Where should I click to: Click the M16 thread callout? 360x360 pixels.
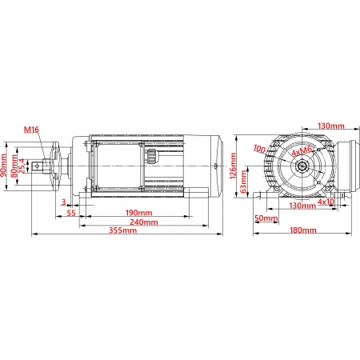[31, 130]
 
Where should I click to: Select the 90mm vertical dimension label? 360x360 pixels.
[4, 166]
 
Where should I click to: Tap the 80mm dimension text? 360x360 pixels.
[14, 166]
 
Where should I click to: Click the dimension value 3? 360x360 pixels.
[63, 202]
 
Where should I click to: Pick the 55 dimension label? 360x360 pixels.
[71, 213]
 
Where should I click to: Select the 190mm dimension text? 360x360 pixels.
[138, 213]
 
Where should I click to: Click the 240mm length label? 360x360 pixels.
[144, 222]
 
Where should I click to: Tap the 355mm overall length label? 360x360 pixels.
[122, 230]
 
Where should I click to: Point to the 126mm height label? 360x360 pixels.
[233, 166]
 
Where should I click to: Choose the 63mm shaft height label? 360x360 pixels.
[243, 182]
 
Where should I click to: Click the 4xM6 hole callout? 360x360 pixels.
[302, 151]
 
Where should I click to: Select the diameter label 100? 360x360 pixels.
[259, 149]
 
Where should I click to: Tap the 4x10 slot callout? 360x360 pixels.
[326, 202]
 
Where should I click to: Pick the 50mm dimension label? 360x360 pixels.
[266, 218]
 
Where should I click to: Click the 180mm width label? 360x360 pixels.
[303, 230]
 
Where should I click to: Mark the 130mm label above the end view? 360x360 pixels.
[331, 126]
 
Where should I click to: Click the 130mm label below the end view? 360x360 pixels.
[302, 206]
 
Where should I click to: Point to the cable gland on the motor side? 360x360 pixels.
[150, 156]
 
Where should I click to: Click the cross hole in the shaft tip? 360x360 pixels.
[38, 166]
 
